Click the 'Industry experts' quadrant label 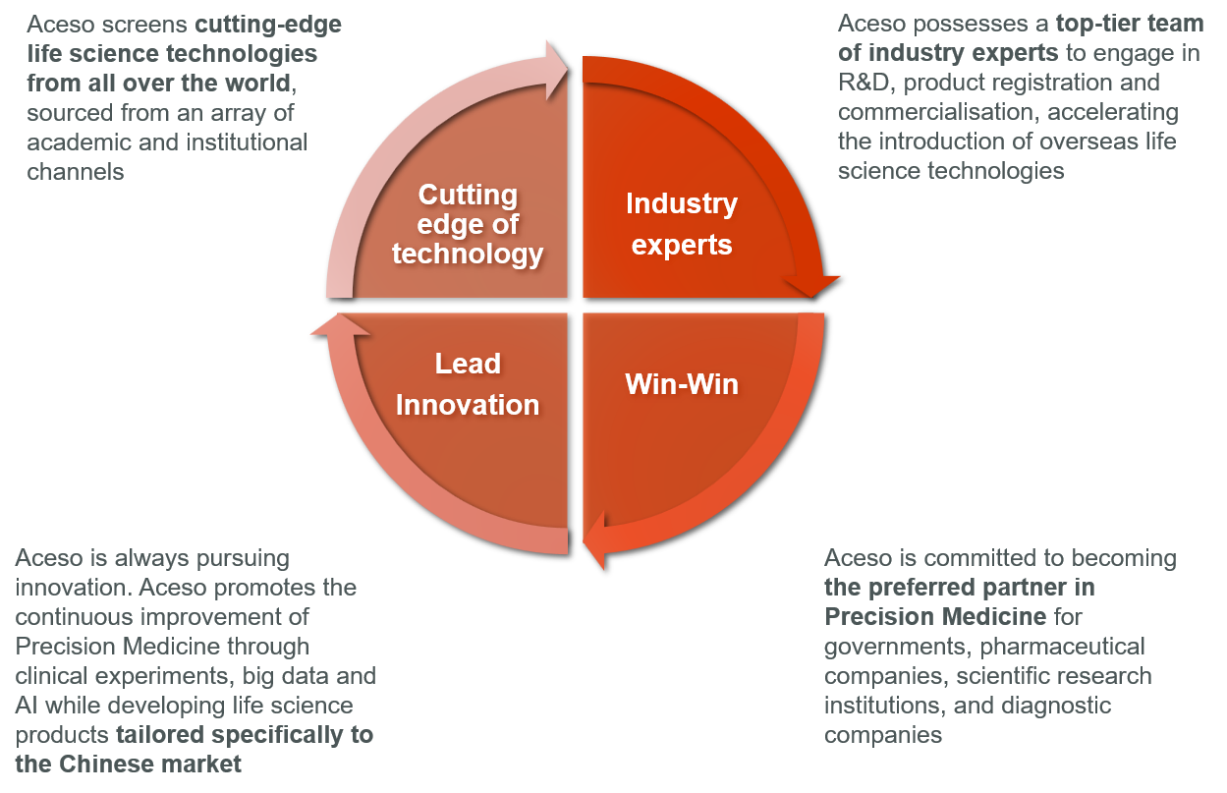[x=682, y=224]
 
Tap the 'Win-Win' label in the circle [x=682, y=383]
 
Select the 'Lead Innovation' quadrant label [x=468, y=384]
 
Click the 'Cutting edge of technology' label [x=468, y=224]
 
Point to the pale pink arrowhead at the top [x=557, y=71]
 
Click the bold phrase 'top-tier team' [x=1130, y=24]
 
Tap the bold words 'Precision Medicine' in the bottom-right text [x=935, y=617]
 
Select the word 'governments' [x=897, y=647]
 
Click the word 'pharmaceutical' [x=1062, y=647]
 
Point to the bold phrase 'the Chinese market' [x=128, y=765]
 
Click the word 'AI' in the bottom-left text [x=26, y=706]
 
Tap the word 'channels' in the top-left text [x=76, y=172]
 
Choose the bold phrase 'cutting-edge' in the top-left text [x=268, y=25]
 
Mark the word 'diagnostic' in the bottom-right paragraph [x=1056, y=706]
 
